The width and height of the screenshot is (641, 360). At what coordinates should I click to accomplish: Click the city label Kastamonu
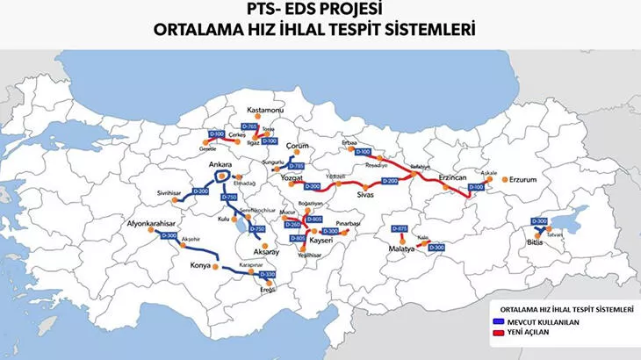[x=269, y=111]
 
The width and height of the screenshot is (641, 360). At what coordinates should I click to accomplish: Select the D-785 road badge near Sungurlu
[x=297, y=166]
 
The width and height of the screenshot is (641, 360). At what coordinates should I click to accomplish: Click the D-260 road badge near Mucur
[x=292, y=224]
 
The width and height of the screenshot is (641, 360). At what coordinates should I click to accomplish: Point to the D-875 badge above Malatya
[x=400, y=228]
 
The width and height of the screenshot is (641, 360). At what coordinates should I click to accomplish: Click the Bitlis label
[x=535, y=242]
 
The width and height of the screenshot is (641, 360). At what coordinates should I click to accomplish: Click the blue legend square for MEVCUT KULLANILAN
[x=497, y=322]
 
